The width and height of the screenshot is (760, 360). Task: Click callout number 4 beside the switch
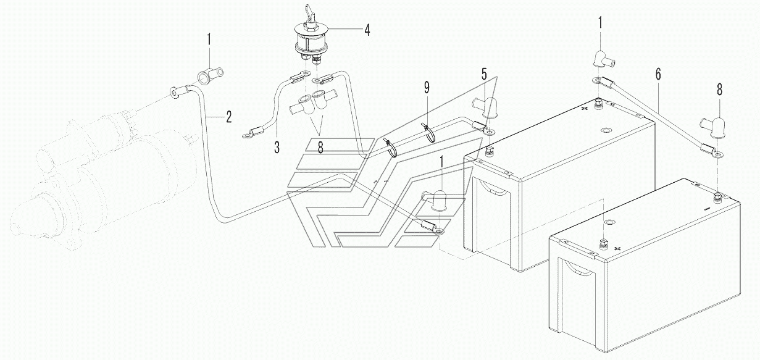[x=367, y=30]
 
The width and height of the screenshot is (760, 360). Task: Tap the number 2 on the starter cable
[x=229, y=117]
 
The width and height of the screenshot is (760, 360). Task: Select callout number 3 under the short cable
[x=277, y=147]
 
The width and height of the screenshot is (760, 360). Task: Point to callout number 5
[x=484, y=74]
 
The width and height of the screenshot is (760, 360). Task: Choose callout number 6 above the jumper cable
[x=658, y=74]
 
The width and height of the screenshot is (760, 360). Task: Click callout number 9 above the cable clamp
[x=427, y=88]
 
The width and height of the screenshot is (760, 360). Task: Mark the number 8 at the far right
[x=719, y=90]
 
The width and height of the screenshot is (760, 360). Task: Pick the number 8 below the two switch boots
[x=320, y=147]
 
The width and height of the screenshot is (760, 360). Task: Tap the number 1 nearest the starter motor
[x=209, y=40]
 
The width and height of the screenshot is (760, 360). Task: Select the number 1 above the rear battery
[x=600, y=23]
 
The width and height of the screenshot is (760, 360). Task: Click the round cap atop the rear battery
[x=605, y=130]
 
